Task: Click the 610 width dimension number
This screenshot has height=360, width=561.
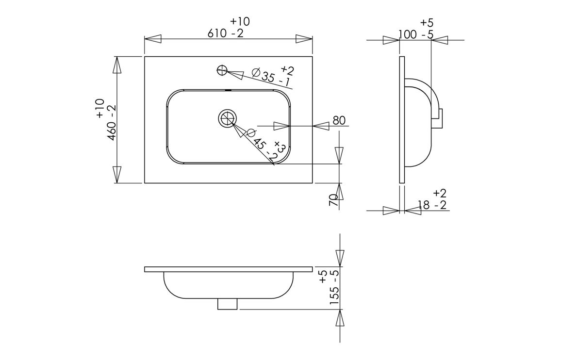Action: point(217,33)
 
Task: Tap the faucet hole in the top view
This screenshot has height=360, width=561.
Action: point(222,70)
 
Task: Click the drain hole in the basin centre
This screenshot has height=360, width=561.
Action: point(227,118)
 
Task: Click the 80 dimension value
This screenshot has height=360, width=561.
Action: point(339,120)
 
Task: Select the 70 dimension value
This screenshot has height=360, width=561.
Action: point(333,199)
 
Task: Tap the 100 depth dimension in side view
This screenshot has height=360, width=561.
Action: point(408,34)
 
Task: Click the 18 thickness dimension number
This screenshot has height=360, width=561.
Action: point(424,205)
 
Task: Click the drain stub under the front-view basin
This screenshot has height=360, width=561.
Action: point(228,304)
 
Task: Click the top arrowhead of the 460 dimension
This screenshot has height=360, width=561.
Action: point(116,65)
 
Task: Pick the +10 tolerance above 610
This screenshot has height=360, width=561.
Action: point(240,21)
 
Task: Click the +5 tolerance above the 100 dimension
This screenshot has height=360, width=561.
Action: point(427,22)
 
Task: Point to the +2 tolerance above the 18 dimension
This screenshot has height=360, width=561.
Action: point(440,193)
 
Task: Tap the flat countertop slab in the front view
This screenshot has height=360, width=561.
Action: point(229,269)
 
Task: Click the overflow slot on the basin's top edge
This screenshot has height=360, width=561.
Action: point(228,90)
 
